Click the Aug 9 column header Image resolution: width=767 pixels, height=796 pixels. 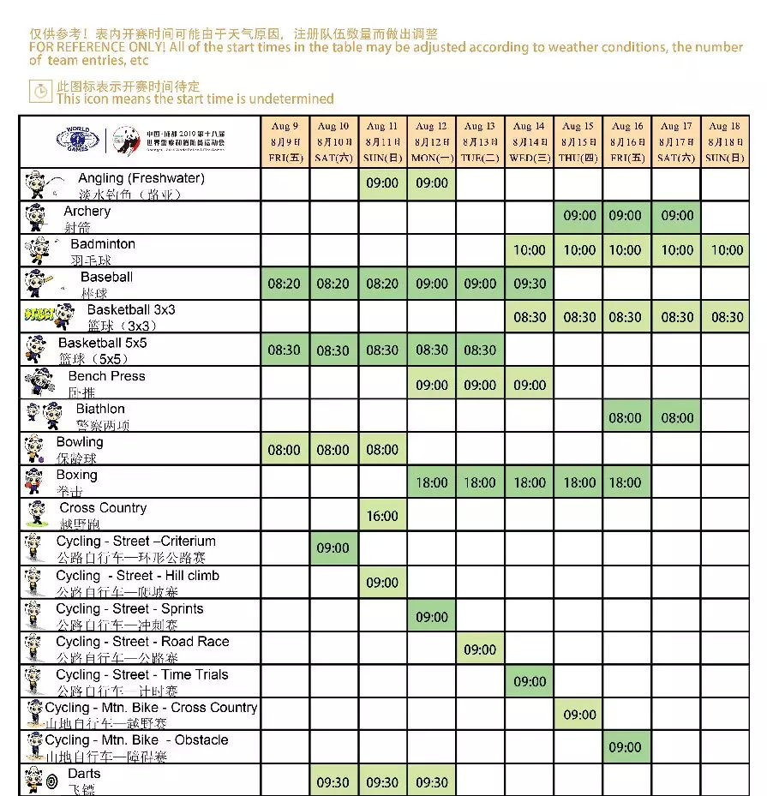tap(285, 141)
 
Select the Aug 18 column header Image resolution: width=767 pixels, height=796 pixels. tap(725, 141)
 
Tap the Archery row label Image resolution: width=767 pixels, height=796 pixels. tap(87, 212)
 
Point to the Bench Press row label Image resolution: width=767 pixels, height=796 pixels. tap(106, 376)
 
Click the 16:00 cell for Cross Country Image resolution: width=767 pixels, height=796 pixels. tap(382, 516)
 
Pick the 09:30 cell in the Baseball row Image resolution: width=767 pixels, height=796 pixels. tap(530, 284)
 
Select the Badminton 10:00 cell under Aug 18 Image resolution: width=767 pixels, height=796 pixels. tap(727, 250)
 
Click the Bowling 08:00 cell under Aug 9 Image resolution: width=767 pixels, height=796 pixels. tap(285, 450)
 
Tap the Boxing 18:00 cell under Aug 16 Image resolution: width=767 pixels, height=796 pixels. tap(626, 482)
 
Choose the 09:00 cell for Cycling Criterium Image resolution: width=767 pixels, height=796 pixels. tap(333, 548)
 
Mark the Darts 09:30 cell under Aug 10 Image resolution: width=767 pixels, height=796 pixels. tap(333, 781)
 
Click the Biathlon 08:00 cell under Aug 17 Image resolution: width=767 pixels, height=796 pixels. tap(677, 418)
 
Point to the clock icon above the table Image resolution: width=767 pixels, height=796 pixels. tap(40, 89)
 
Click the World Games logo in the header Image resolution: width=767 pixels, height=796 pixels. tap(78, 139)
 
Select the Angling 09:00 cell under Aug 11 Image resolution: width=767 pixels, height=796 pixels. tap(382, 183)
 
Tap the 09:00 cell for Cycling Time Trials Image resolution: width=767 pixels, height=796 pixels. tap(530, 682)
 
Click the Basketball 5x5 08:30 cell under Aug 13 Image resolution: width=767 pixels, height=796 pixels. tap(480, 350)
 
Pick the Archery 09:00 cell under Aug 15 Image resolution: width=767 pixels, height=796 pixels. tap(579, 216)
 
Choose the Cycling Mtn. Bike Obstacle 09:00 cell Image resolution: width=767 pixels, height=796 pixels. tap(626, 747)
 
